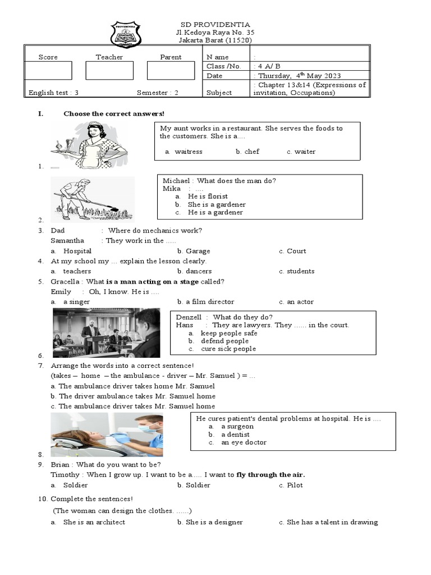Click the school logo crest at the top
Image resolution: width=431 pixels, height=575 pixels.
click(x=126, y=34)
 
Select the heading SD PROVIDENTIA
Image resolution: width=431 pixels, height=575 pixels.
click(x=215, y=25)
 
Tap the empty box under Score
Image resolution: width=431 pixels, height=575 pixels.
click(x=48, y=70)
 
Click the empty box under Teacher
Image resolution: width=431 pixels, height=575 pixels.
click(x=109, y=70)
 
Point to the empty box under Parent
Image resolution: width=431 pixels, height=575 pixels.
click(x=170, y=70)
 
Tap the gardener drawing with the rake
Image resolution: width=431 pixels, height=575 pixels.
click(x=93, y=199)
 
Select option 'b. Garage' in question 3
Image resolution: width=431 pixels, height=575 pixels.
click(x=194, y=251)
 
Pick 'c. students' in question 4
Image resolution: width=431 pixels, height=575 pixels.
click(x=297, y=271)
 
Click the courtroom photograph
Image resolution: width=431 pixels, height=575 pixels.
click(x=106, y=332)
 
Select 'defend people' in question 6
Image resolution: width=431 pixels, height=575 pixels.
click(x=224, y=341)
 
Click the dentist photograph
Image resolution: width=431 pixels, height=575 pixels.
click(x=107, y=435)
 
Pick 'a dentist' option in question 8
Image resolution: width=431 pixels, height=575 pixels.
click(x=235, y=435)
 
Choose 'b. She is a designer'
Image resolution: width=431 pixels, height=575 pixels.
click(x=210, y=522)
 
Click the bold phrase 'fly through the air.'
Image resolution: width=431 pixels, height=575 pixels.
click(x=270, y=474)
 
